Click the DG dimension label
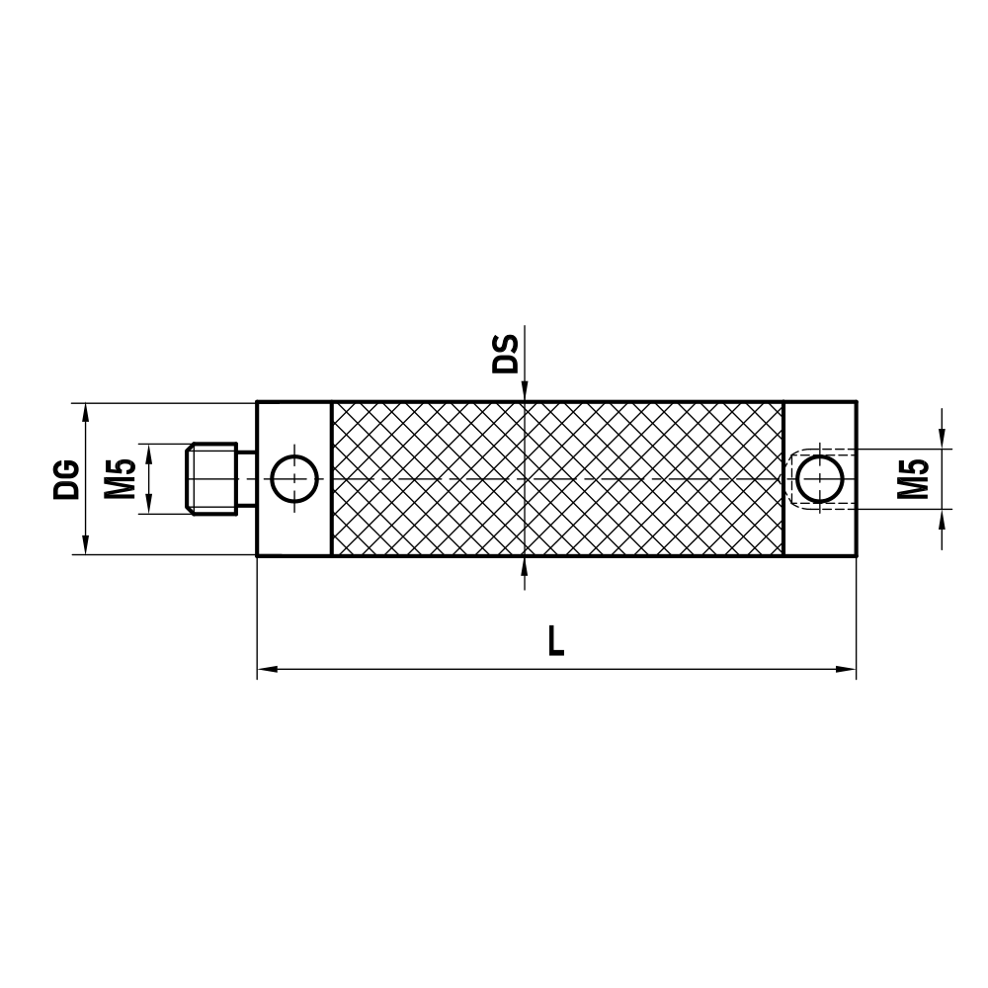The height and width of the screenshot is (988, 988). click(x=66, y=478)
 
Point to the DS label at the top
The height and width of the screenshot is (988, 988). click(x=506, y=353)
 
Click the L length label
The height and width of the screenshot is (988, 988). click(x=556, y=641)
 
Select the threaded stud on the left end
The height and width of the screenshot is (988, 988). click(x=213, y=478)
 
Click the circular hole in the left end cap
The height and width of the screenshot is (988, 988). click(x=293, y=478)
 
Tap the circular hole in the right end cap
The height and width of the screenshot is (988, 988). click(x=819, y=478)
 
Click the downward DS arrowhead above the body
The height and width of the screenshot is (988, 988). click(x=525, y=392)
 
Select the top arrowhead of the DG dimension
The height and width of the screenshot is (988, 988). click(x=86, y=411)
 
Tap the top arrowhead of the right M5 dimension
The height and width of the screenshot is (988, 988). click(x=944, y=439)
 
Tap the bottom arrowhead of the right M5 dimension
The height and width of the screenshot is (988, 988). click(x=944, y=519)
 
